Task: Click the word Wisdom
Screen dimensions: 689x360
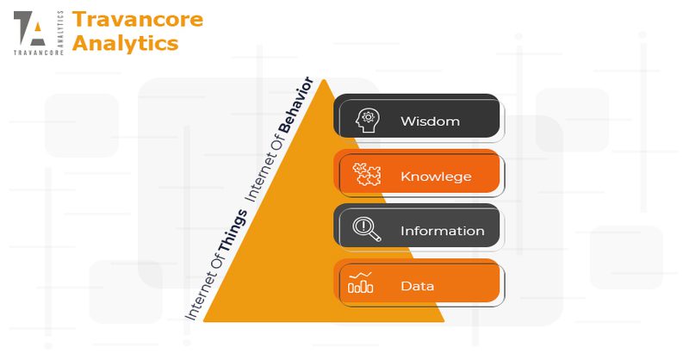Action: coord(430,121)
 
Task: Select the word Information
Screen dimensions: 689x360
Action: coord(443,231)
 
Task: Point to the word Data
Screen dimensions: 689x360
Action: coord(418,286)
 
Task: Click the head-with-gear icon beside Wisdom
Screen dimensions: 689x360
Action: coord(368,121)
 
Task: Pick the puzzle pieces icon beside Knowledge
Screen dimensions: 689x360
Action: coord(367,174)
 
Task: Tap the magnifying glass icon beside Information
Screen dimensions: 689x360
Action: coord(367,229)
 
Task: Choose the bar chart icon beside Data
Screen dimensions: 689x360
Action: coord(361,282)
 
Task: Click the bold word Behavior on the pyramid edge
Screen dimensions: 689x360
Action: coord(295,105)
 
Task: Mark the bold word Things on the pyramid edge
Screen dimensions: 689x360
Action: coord(233,231)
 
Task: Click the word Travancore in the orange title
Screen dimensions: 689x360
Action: coord(138,19)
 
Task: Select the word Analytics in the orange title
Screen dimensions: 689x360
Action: coord(125,43)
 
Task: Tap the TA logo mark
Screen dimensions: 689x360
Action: coord(29,28)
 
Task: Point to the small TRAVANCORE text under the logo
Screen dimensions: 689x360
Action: coord(39,53)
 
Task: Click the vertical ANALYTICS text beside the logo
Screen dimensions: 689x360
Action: coord(60,28)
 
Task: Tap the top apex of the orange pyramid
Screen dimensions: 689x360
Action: coord(324,79)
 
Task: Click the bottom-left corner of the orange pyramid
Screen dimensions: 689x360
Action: coord(203,321)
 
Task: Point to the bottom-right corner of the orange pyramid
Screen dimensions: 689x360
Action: coord(444,321)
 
